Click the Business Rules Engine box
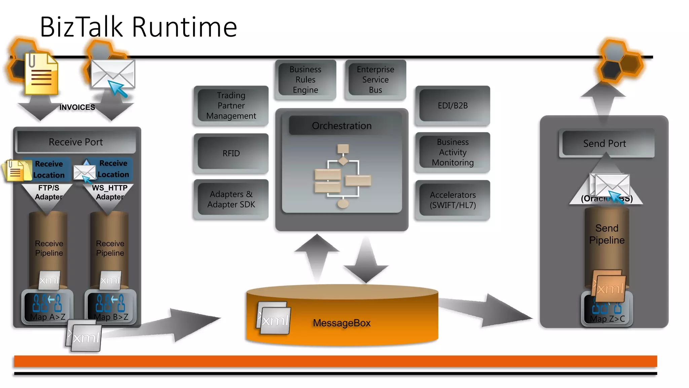click(x=305, y=80)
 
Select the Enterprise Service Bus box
click(x=375, y=80)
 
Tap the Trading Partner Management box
click(x=231, y=106)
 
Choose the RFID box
click(x=231, y=154)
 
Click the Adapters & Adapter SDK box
click(x=231, y=199)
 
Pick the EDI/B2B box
click(x=452, y=106)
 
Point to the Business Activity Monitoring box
click(x=452, y=152)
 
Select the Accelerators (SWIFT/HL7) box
click(x=452, y=200)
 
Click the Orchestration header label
click(x=341, y=126)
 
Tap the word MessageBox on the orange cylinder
click(x=341, y=323)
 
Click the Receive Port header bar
click(x=76, y=142)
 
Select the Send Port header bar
click(x=605, y=144)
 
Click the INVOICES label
click(x=77, y=107)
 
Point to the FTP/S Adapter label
click(x=48, y=192)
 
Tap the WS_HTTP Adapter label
click(x=110, y=192)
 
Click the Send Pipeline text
click(x=607, y=234)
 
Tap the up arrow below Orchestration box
click(x=317, y=256)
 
